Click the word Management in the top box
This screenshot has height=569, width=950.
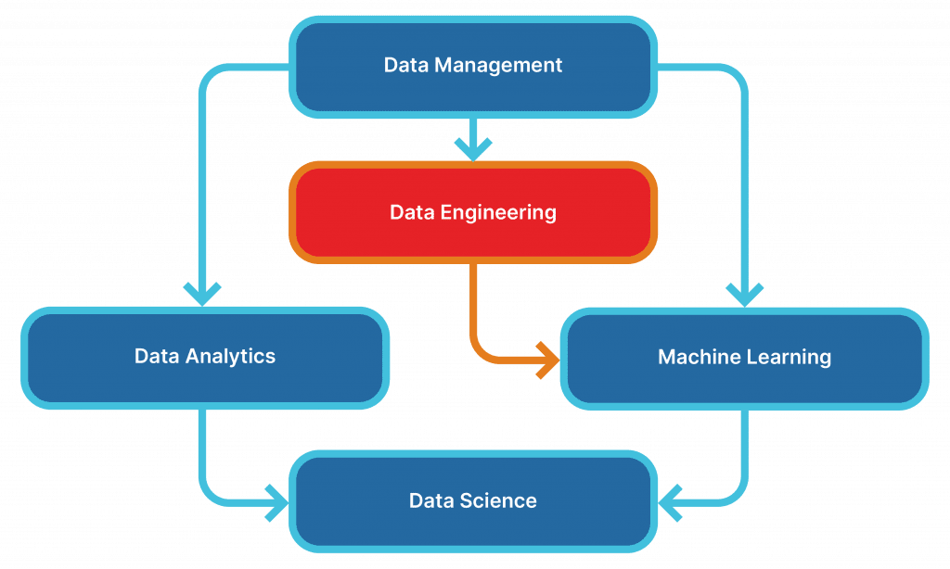tap(498, 66)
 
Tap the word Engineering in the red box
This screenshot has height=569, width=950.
tap(498, 212)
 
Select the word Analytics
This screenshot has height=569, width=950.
tap(230, 357)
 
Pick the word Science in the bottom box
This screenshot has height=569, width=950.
tap(498, 500)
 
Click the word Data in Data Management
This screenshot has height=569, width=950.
tap(406, 65)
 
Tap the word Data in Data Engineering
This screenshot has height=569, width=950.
tap(412, 212)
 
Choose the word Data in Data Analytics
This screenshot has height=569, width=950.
tap(157, 356)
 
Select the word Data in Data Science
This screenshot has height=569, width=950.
tap(431, 500)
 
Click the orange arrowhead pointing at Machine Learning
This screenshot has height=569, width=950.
tap(549, 360)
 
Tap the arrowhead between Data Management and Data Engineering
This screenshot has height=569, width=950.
tap(473, 149)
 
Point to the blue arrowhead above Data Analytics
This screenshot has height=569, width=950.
tap(202, 295)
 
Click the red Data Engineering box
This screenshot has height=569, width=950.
tap(473, 212)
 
